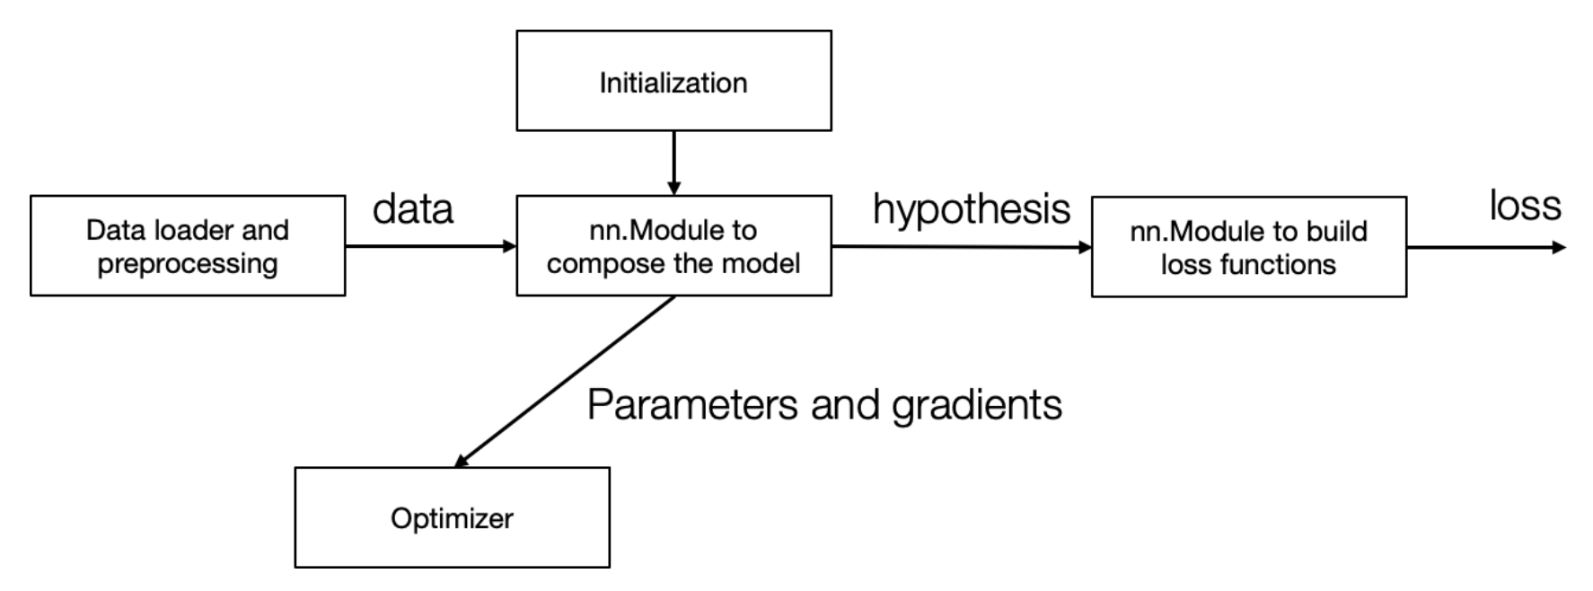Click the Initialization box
(673, 81)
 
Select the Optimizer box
(452, 517)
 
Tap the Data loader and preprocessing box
(188, 245)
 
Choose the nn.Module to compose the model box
(673, 245)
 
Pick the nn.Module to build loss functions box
(1248, 247)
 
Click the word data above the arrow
(413, 209)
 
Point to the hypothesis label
(972, 209)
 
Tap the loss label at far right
(1525, 206)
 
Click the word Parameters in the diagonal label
(692, 405)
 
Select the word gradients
(977, 406)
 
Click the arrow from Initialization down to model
(673, 162)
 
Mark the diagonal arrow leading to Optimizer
(566, 381)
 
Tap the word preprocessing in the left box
(188, 264)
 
